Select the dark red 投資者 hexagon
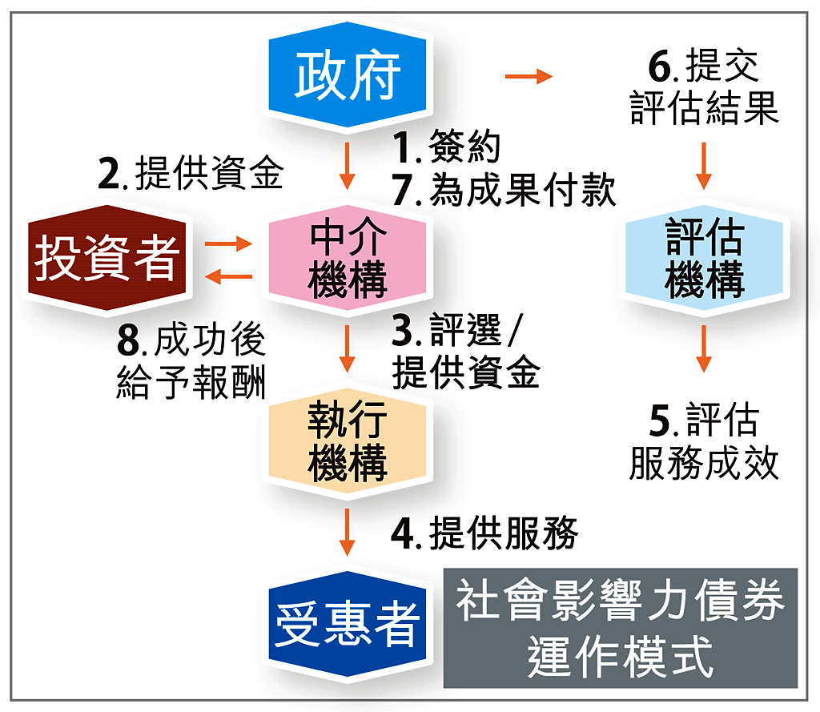(x=105, y=258)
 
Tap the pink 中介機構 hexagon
(x=348, y=258)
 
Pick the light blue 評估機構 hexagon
(x=704, y=258)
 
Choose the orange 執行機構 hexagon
(x=348, y=443)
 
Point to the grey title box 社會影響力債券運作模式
(x=621, y=628)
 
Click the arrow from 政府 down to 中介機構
(x=347, y=165)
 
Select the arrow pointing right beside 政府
(x=529, y=77)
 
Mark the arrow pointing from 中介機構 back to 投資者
(x=229, y=277)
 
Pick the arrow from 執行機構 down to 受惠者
(x=347, y=531)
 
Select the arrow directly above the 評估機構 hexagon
(x=704, y=165)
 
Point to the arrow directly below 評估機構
(x=704, y=348)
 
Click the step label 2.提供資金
(x=191, y=173)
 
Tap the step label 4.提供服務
(x=484, y=533)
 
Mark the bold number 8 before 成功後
(x=128, y=342)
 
